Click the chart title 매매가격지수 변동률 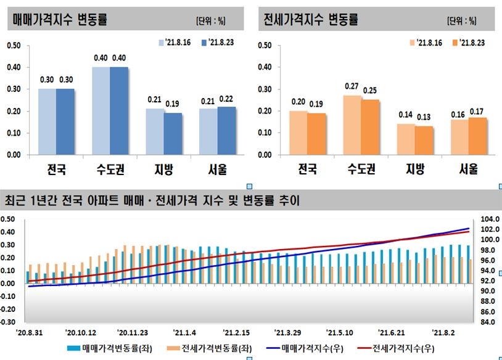click(x=60, y=20)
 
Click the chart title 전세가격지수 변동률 click(x=311, y=20)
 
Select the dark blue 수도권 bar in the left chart click(x=119, y=111)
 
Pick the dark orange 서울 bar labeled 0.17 click(x=477, y=136)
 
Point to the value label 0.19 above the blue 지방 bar click(x=173, y=104)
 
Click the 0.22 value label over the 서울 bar click(x=227, y=97)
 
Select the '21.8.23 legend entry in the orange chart click(x=469, y=43)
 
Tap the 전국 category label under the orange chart click(x=307, y=169)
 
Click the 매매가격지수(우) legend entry click(x=303, y=348)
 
